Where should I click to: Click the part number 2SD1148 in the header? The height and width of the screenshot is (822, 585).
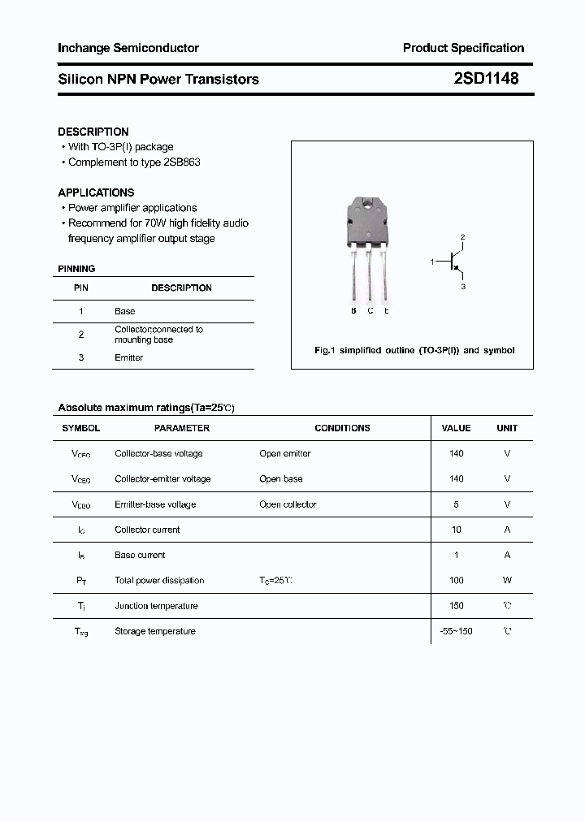[486, 79]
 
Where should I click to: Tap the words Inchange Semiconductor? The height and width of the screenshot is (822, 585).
[128, 48]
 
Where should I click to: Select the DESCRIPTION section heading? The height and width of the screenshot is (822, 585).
[93, 132]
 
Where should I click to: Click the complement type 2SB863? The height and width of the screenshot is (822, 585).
[182, 162]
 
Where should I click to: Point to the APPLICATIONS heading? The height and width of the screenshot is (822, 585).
[96, 193]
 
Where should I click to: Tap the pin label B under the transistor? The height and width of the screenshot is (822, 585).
[353, 311]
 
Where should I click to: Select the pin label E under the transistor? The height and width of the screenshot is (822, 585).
[386, 311]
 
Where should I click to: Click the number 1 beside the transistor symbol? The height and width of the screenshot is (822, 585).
[431, 262]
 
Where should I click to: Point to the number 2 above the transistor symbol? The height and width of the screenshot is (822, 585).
[462, 237]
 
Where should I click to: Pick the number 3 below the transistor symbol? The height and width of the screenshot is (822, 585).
[462, 287]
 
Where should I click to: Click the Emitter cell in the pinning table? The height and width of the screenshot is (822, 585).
[128, 357]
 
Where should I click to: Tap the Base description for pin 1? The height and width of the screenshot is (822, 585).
[125, 311]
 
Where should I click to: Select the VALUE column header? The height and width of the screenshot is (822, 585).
[456, 428]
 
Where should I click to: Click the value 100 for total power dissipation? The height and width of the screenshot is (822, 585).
[456, 581]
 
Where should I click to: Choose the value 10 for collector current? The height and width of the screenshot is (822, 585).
[456, 530]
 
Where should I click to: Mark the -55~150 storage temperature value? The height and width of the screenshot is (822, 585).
[456, 631]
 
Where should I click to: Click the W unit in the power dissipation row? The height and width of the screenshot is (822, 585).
[507, 581]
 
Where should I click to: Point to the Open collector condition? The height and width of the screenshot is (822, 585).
[288, 504]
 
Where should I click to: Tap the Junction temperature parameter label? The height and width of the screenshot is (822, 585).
[156, 606]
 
